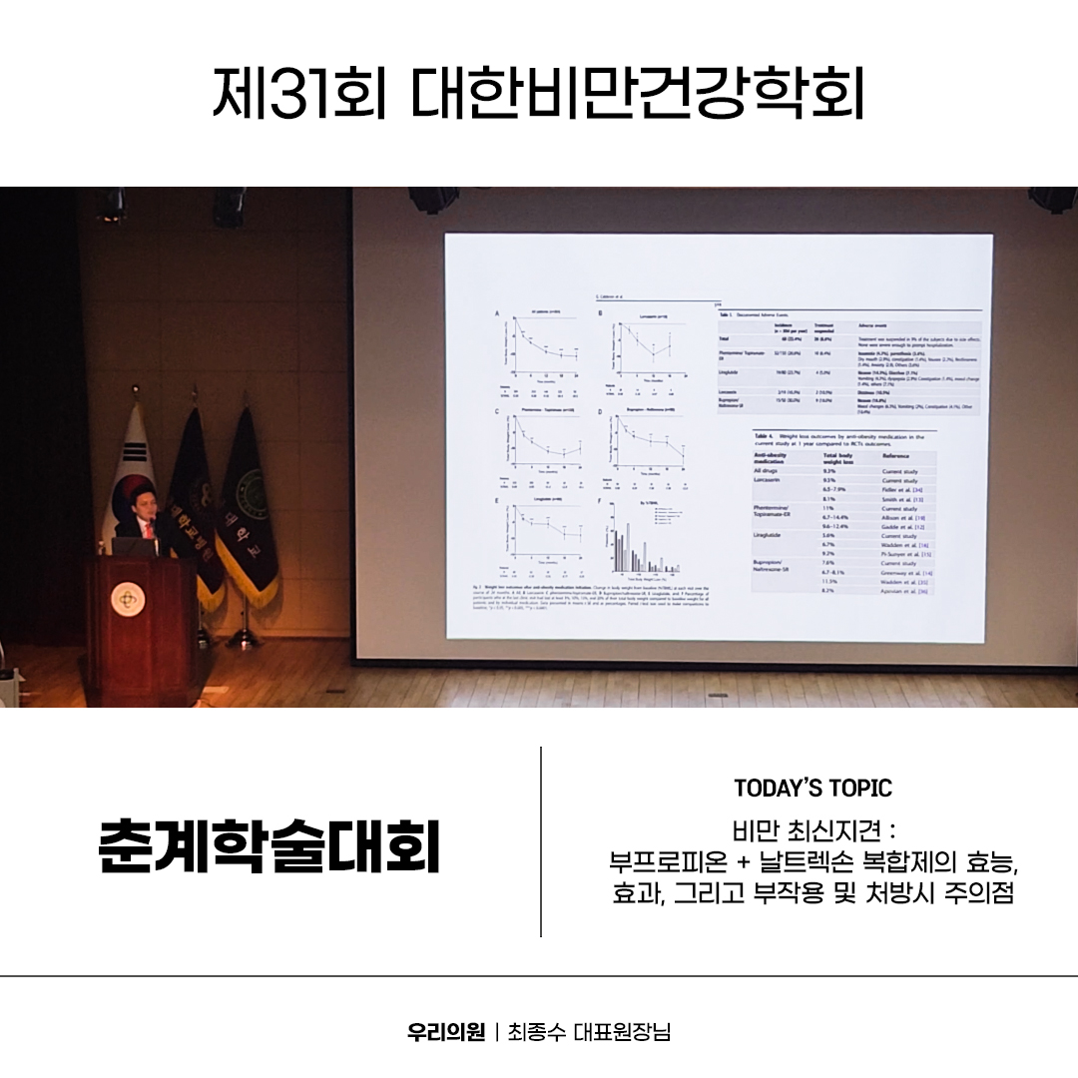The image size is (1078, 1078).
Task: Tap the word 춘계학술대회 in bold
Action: pos(269,847)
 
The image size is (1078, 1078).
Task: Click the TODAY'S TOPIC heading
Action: pos(812,789)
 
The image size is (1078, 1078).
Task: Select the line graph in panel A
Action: pos(544,349)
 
